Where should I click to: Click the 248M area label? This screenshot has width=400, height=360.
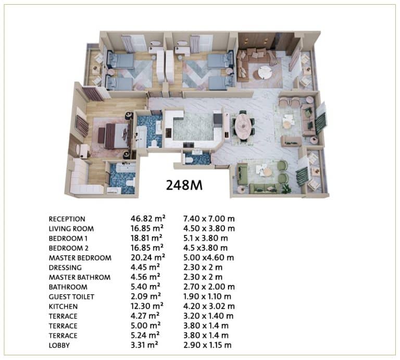pyautogui.click(x=184, y=185)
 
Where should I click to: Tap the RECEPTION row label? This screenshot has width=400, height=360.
pyautogui.click(x=67, y=219)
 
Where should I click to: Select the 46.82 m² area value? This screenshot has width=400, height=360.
pyautogui.click(x=148, y=219)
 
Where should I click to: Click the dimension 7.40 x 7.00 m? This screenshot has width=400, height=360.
pyautogui.click(x=209, y=219)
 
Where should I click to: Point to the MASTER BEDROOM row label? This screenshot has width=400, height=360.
pyautogui.click(x=80, y=258)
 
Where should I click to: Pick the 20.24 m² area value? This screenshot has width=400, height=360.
pyautogui.click(x=148, y=257)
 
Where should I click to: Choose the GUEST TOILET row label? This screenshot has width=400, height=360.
pyautogui.click(x=71, y=297)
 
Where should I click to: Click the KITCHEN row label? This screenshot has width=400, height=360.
pyautogui.click(x=63, y=306)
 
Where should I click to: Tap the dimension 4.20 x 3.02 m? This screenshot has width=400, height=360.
pyautogui.click(x=209, y=306)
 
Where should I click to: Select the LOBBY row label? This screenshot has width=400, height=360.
pyautogui.click(x=59, y=345)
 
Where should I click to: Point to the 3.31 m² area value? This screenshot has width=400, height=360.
pyautogui.click(x=144, y=345)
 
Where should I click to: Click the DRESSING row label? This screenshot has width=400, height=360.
pyautogui.click(x=65, y=268)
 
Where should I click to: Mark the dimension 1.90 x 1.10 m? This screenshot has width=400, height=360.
pyautogui.click(x=207, y=296)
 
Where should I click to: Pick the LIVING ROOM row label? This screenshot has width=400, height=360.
pyautogui.click(x=71, y=229)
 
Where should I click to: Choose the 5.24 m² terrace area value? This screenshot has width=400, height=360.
pyautogui.click(x=145, y=335)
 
